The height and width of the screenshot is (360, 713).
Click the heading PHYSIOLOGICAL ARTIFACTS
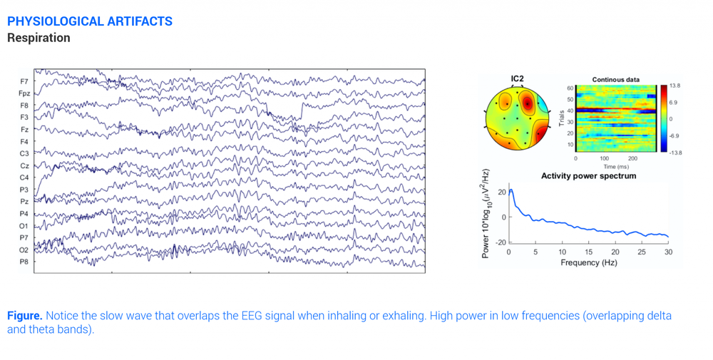tap(89, 21)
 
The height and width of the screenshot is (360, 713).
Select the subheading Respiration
tap(39, 38)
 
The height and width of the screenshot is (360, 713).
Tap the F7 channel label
tap(24, 81)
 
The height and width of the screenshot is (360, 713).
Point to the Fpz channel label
tap(24, 93)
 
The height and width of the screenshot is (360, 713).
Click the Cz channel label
tap(24, 165)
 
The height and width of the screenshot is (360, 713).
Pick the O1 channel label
tap(24, 225)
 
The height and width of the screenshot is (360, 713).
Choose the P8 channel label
tap(24, 262)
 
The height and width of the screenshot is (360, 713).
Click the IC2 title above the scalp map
tap(518, 78)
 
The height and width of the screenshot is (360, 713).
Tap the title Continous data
tap(615, 79)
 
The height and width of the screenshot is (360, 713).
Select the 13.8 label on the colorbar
tap(674, 86)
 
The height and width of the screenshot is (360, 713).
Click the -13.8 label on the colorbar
tap(674, 153)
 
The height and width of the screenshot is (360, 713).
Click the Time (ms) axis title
tap(615, 167)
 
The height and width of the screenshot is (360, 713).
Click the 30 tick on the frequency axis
tap(668, 252)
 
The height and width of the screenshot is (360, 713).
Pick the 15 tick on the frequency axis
tap(588, 252)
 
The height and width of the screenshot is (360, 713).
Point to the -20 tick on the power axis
tap(501, 243)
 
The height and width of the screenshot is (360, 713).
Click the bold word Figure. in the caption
tap(25, 315)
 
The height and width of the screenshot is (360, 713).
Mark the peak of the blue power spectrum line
tap(511, 190)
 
